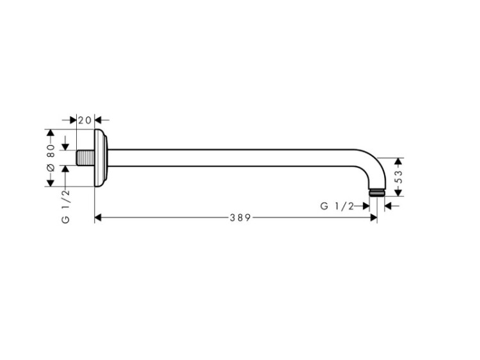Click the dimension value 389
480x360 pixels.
tap(240, 218)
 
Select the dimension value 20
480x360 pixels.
tap(84, 120)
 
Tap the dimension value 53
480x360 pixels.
tap(399, 177)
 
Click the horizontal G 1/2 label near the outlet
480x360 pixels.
tap(337, 206)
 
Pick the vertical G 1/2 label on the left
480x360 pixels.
tap(66, 206)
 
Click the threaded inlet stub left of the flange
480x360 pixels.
tap(85, 158)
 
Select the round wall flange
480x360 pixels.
tap(101, 158)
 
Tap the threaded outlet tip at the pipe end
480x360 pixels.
tap(377, 192)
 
